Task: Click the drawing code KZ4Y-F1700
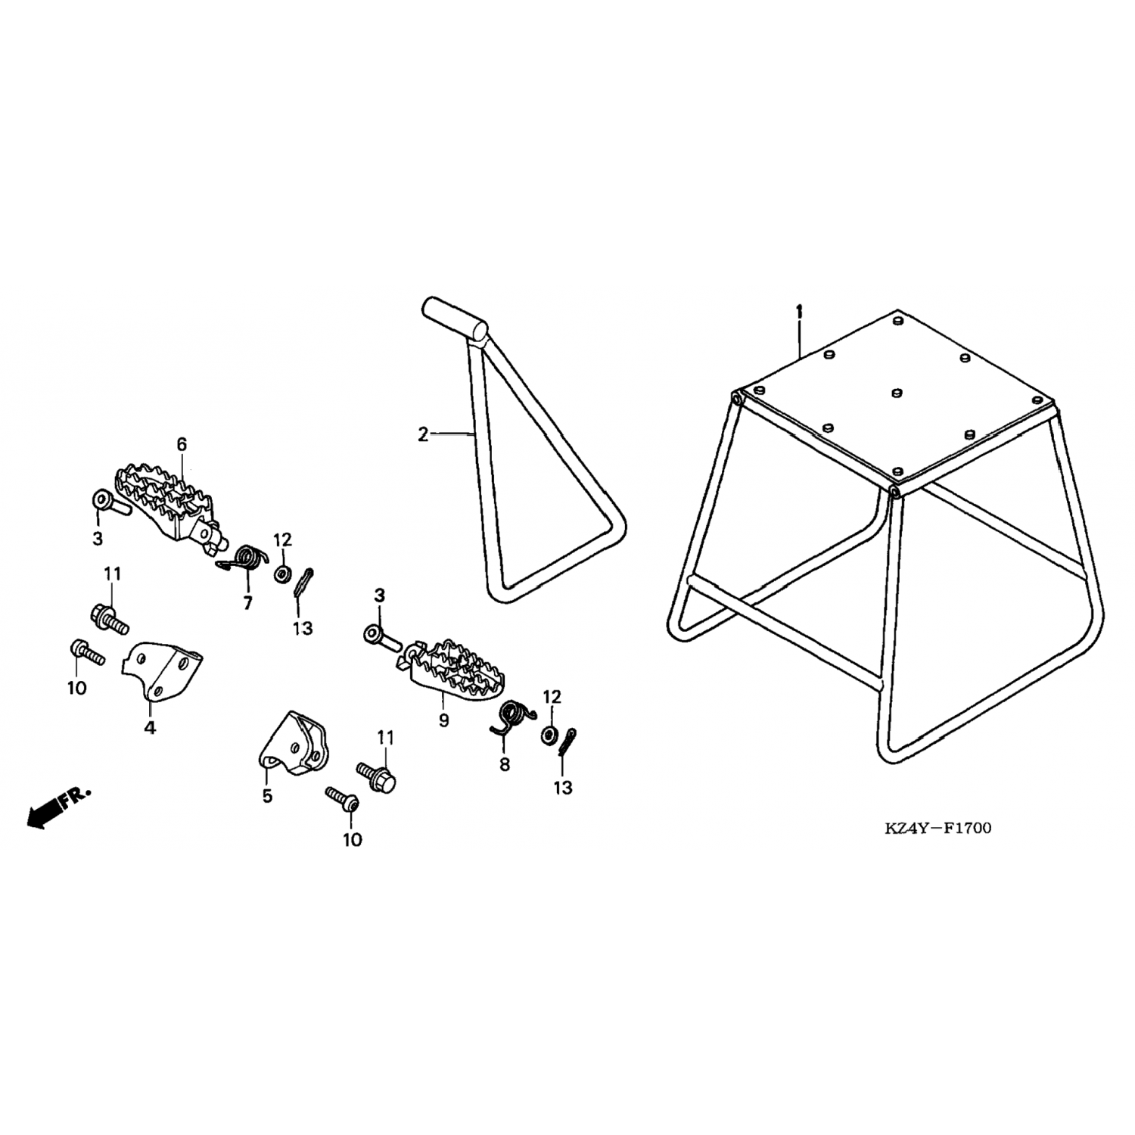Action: pos(938,828)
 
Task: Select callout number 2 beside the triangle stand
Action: pos(422,434)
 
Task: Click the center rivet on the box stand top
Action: pos(897,392)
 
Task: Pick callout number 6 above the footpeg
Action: pos(182,445)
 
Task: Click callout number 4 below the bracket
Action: pos(150,728)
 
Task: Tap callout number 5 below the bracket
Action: pos(267,796)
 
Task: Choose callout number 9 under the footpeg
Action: pos(443,720)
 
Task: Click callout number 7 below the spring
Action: pos(247,603)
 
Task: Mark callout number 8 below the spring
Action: pos(505,765)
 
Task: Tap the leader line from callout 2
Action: pos(452,434)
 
